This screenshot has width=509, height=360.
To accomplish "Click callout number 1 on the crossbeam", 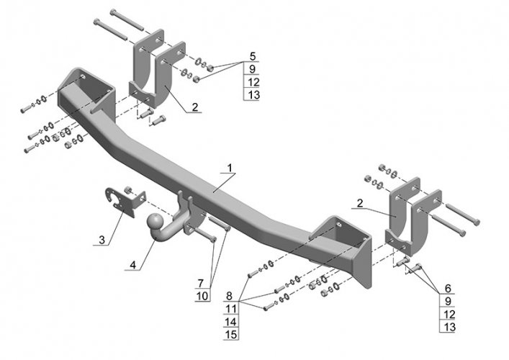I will pos(229,168).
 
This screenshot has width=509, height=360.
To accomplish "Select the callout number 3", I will pos(102,238).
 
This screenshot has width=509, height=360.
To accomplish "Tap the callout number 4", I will pos(132,264).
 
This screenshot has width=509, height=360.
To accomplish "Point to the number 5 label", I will pos(252,55).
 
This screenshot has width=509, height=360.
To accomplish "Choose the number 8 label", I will pos(229,296).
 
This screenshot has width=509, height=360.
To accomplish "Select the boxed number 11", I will pos(230,309).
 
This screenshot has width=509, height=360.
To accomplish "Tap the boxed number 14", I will pos(230,322).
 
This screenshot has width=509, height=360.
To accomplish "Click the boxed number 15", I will pos(230,335).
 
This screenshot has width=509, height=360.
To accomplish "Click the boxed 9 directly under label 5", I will pos(252,69).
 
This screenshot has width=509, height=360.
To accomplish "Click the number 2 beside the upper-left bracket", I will pos(195,107).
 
